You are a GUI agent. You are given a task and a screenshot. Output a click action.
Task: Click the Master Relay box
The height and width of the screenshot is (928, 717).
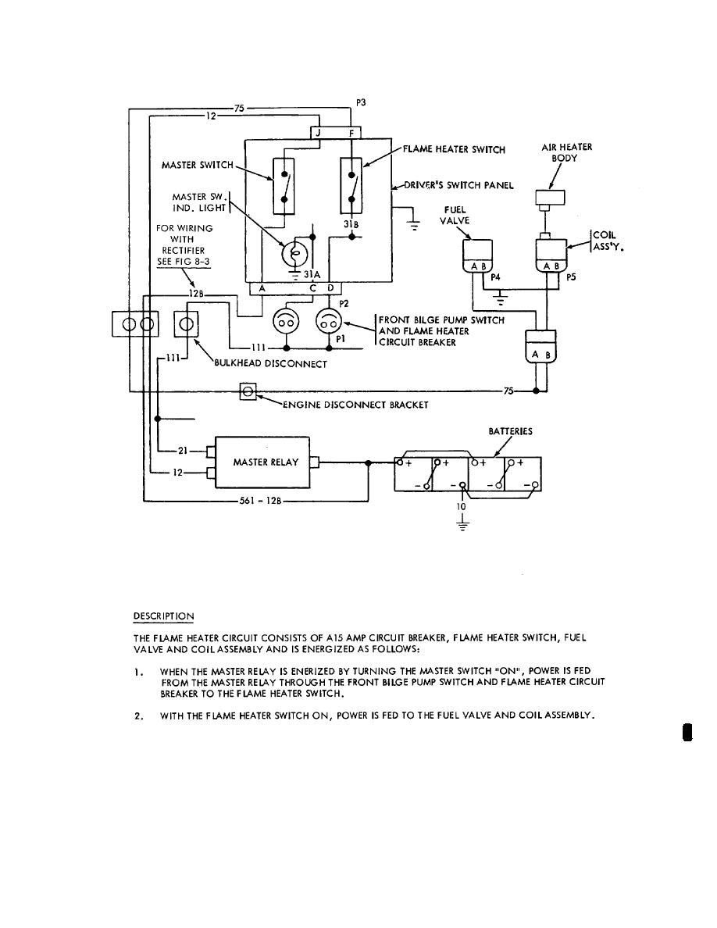click(266, 462)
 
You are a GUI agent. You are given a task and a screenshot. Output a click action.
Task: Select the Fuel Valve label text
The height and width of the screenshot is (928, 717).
click(456, 216)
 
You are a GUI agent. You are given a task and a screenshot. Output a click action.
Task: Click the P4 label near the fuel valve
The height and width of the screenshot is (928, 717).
click(496, 276)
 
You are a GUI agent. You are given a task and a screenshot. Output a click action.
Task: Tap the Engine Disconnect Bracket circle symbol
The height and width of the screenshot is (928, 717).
click(248, 391)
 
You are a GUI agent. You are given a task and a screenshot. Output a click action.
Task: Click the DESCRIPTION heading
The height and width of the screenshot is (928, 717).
click(163, 616)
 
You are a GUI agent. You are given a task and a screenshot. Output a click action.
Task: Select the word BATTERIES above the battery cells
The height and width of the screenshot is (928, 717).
click(511, 431)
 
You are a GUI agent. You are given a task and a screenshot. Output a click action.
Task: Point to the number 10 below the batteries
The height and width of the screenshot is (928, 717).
click(462, 506)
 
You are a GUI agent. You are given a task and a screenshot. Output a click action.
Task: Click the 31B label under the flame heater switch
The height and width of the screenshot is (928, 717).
click(351, 223)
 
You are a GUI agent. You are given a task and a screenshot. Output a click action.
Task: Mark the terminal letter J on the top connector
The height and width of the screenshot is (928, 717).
click(318, 134)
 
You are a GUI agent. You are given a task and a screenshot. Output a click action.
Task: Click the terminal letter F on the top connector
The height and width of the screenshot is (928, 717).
click(351, 134)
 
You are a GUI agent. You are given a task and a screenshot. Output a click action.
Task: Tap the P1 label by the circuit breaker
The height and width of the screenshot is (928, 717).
click(340, 340)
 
